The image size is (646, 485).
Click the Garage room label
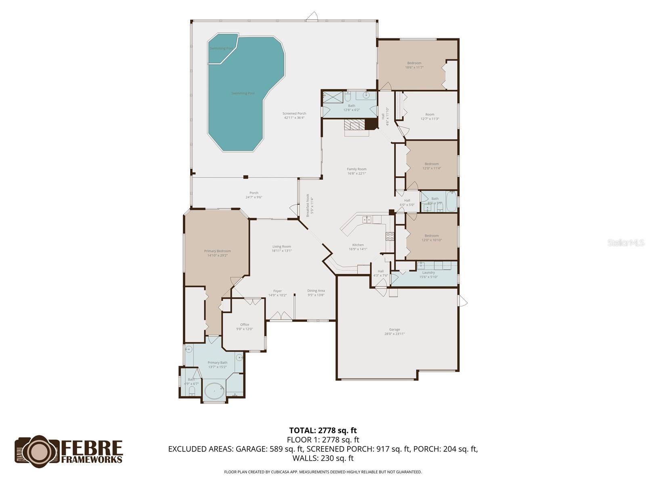(x=394, y=331)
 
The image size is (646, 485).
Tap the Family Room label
(x=357, y=171)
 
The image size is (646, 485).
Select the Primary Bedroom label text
(x=217, y=253)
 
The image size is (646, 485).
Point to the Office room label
(x=244, y=327)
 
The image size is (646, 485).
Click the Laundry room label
(x=428, y=274)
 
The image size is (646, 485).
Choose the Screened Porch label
(x=294, y=116)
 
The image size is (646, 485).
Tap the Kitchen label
(x=358, y=247)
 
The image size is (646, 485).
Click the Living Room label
(x=281, y=249)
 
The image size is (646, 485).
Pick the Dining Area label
(x=316, y=293)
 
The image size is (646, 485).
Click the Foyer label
(x=277, y=293)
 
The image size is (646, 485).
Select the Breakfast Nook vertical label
(x=309, y=205)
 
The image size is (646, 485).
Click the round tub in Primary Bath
(x=214, y=391)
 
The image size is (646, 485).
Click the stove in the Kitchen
(x=390, y=236)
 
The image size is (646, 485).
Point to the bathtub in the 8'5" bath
(x=451, y=202)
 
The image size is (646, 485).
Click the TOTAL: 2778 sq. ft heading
(x=323, y=430)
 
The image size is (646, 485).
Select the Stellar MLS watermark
(x=625, y=243)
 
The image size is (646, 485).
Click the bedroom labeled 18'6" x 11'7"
(x=414, y=65)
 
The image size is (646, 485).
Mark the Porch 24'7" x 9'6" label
(x=254, y=195)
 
